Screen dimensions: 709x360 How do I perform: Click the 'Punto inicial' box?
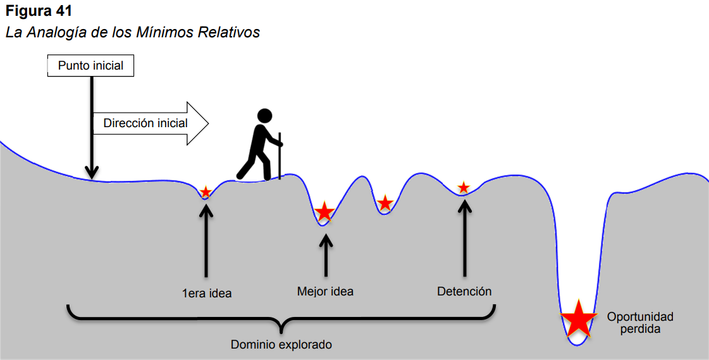click(90, 66)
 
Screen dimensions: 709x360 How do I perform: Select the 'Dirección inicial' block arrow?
click(151, 123)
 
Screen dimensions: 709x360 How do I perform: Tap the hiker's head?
click(264, 115)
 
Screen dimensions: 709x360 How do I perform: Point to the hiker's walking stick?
click(280, 156)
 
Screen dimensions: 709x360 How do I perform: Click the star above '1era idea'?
click(206, 192)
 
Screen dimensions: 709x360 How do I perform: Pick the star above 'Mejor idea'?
click(324, 212)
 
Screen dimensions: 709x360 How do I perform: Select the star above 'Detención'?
click(464, 187)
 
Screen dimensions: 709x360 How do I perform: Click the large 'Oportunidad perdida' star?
click(578, 318)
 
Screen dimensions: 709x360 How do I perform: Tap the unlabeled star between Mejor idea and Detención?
click(385, 203)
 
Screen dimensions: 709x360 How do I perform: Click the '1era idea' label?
click(207, 294)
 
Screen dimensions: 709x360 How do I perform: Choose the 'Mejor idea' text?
click(325, 291)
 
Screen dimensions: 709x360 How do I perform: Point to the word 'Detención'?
click(464, 291)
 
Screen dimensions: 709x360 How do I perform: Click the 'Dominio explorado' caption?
click(281, 345)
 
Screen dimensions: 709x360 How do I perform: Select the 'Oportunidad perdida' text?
click(640, 323)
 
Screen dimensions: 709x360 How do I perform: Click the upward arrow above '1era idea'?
click(206, 240)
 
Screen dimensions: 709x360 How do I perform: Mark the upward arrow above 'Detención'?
click(464, 238)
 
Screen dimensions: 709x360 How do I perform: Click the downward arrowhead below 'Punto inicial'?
click(92, 173)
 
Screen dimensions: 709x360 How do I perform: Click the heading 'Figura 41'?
click(39, 11)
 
